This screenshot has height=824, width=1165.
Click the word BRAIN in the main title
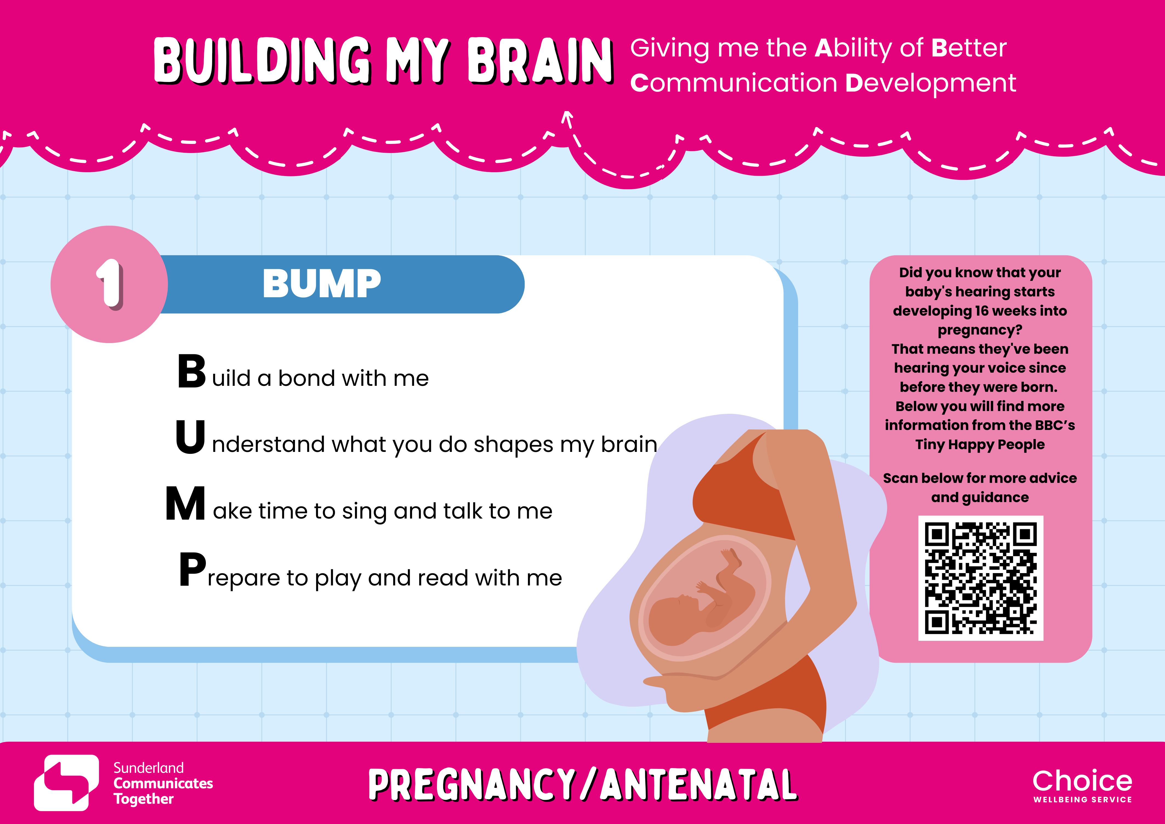540,61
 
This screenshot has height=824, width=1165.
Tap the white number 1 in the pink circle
110,284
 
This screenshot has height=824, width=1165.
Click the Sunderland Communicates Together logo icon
66,782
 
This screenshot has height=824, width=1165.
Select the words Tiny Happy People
980,445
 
